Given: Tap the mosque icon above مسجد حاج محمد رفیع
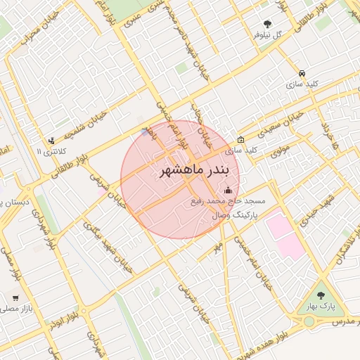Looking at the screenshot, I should (x=228, y=190).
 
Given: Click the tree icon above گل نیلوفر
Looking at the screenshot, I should (x=267, y=24).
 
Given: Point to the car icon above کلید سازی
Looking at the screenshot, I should (x=302, y=73).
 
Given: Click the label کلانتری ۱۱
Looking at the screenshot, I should (x=52, y=151).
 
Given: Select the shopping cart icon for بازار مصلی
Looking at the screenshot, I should (x=15, y=297).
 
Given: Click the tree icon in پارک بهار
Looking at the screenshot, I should (x=321, y=296).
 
